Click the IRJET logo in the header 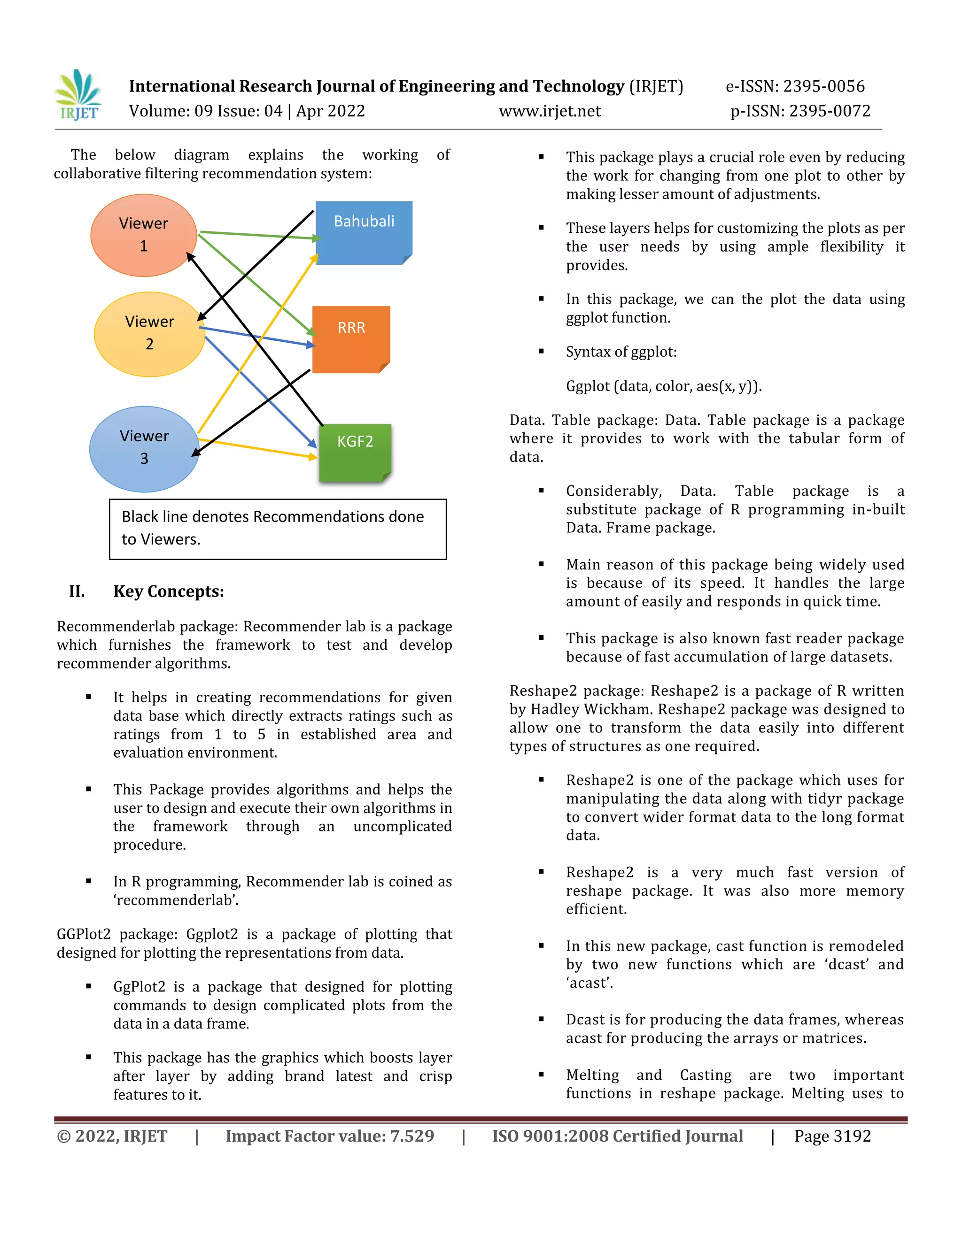(x=78, y=95)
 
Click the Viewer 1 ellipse (x=144, y=235)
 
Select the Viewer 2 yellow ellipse (x=149, y=334)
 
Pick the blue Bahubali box (x=364, y=232)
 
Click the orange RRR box (x=350, y=339)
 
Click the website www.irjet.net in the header (x=550, y=111)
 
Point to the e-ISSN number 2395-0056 (x=823, y=86)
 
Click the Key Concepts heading (x=168, y=591)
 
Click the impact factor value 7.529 (x=411, y=1136)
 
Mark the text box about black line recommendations (x=278, y=529)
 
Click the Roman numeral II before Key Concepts (x=77, y=591)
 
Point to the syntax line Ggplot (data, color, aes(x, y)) (x=663, y=386)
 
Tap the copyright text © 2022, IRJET (x=112, y=1136)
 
